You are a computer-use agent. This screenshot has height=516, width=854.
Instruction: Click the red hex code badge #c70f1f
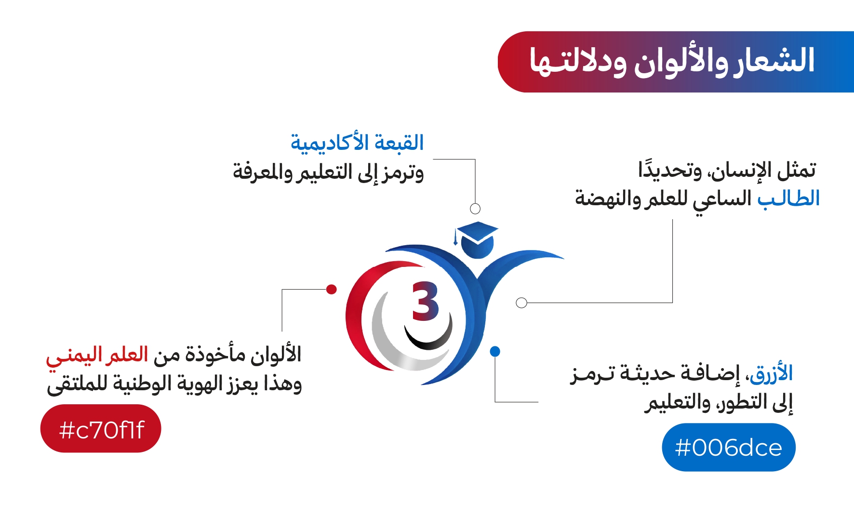(100, 428)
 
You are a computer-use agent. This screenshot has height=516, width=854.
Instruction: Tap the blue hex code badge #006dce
(729, 447)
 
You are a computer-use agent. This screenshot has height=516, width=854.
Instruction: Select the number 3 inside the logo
(425, 301)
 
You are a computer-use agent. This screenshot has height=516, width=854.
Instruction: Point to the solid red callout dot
(332, 289)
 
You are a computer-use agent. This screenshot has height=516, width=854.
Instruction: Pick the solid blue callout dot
(495, 351)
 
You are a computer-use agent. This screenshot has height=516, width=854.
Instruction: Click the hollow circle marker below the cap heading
(475, 209)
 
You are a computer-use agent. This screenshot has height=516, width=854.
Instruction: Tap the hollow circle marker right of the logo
(521, 303)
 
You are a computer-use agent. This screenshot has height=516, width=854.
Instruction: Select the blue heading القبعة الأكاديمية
(357, 143)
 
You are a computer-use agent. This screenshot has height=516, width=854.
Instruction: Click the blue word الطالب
(788, 198)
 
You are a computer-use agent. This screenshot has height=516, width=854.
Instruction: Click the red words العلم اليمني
(97, 356)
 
